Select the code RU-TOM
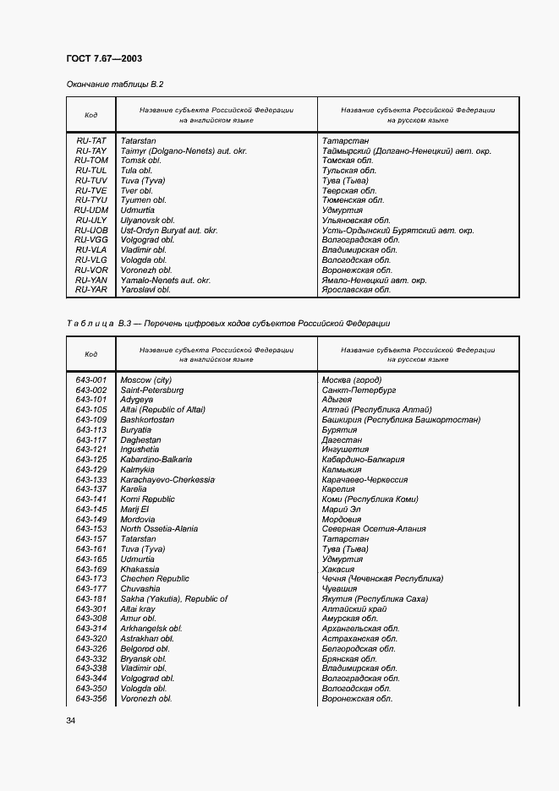tap(91, 161)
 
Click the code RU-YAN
tap(91, 280)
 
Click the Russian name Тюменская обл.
tap(353, 200)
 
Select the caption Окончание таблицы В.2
tap(114, 85)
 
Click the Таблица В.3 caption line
tap(227, 324)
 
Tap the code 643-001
tap(91, 380)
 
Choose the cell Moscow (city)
tap(146, 380)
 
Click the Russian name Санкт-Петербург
tap(359, 390)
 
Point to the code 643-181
tap(91, 599)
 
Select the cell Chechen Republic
tap(155, 579)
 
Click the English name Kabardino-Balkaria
tap(156, 460)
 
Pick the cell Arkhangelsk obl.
tap(151, 629)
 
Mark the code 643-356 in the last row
tap(91, 699)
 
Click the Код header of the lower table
tap(91, 354)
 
